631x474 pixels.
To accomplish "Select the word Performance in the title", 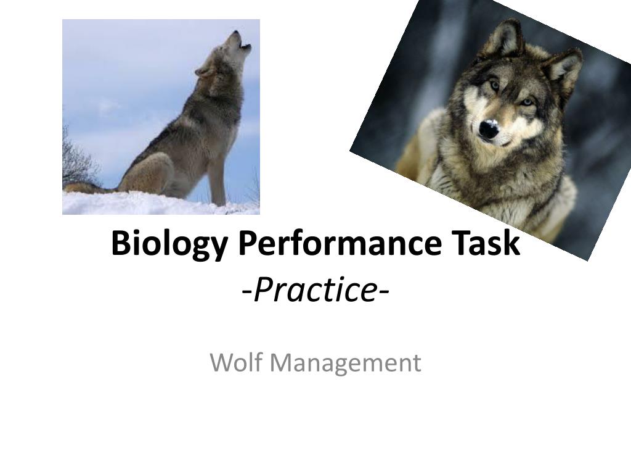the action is pyautogui.click(x=340, y=243).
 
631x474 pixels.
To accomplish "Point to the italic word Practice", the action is pyautogui.click(x=315, y=290).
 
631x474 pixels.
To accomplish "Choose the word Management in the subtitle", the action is pyautogui.click(x=345, y=364).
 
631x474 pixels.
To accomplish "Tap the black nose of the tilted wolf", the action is pyautogui.click(x=489, y=128).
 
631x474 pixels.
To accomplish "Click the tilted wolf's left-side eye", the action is pyautogui.click(x=494, y=85).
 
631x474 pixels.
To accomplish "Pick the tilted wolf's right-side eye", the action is pyautogui.click(x=527, y=102).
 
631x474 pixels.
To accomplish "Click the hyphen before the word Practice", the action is pyautogui.click(x=247, y=291).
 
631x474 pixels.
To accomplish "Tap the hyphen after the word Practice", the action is pyautogui.click(x=383, y=291).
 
